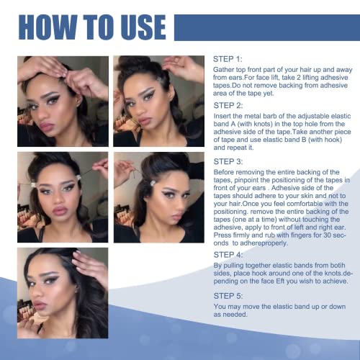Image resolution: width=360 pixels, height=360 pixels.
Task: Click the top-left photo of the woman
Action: point(63,101)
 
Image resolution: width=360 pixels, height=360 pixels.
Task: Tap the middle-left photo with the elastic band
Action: point(63,196)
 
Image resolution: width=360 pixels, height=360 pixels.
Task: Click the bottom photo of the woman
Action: point(63,292)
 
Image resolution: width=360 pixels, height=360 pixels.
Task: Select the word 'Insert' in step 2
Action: point(223,114)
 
